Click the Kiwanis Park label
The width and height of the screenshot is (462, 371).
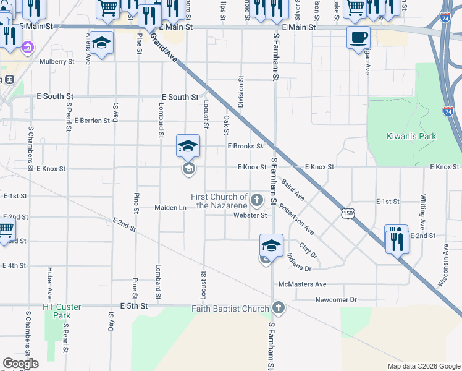pyautogui.click(x=411, y=136)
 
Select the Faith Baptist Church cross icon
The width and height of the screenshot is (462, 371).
pyautogui.click(x=279, y=308)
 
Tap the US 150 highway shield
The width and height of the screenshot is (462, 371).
pyautogui.click(x=348, y=213)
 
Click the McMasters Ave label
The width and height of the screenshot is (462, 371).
pyautogui.click(x=302, y=284)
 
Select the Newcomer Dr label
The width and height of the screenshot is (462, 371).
pyautogui.click(x=336, y=300)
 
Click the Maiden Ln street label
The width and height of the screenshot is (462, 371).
pyautogui.click(x=170, y=208)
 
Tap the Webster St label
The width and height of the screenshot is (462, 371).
pyautogui.click(x=250, y=215)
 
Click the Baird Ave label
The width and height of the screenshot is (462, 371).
pyautogui.click(x=292, y=188)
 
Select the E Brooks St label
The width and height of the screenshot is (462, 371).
pyautogui.click(x=245, y=147)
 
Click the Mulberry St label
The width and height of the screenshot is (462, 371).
pyautogui.click(x=57, y=61)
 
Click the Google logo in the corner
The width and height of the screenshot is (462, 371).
pyautogui.click(x=20, y=364)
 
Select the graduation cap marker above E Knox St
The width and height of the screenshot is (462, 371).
pyautogui.click(x=188, y=146)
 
